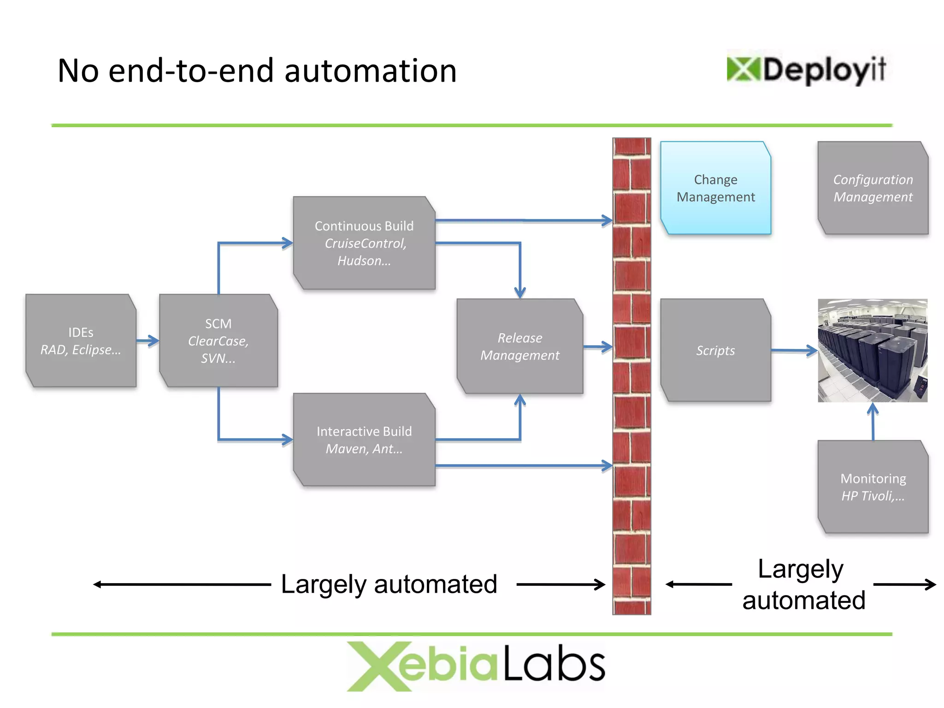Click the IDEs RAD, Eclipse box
[81, 341]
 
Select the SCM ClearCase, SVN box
[218, 341]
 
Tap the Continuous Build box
[364, 243]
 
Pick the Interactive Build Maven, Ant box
[364, 440]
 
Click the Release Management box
[519, 346]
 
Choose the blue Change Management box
[715, 188]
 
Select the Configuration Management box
[873, 188]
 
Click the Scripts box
[715, 350]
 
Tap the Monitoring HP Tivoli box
[873, 487]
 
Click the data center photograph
[873, 350]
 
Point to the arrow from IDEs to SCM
[148, 341]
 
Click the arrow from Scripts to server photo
[794, 350]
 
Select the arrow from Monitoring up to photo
[873, 421]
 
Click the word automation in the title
[370, 71]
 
